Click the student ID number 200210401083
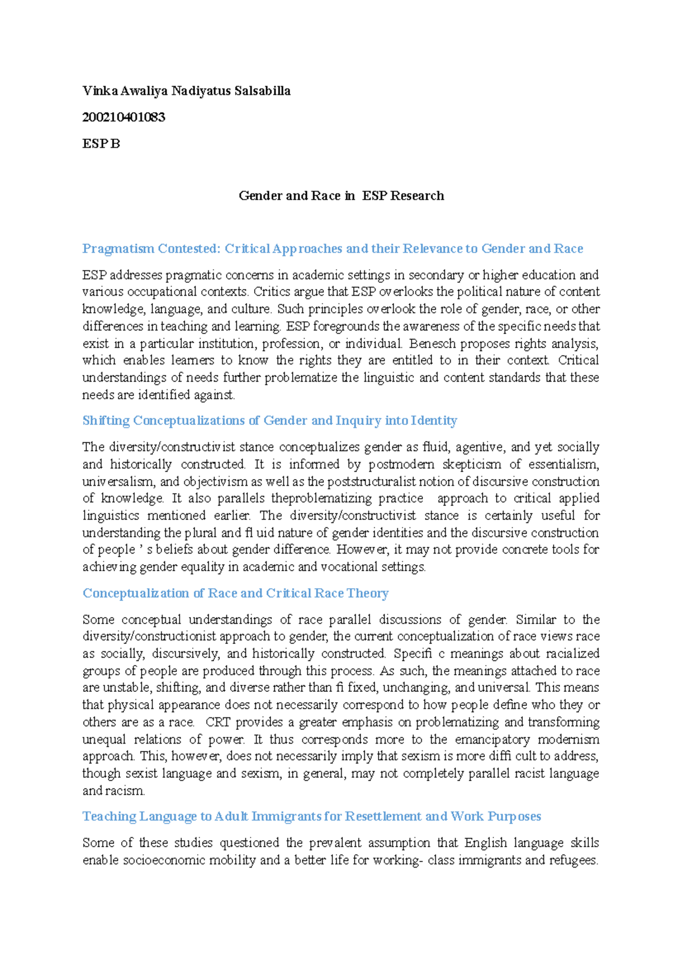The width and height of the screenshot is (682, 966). coord(123,117)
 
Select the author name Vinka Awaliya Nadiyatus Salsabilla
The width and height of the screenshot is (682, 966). coord(186,91)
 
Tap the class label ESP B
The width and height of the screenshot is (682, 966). coord(101,144)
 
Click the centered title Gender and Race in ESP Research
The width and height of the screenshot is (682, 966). coord(341,196)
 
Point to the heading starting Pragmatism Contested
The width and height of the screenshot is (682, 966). coord(332,249)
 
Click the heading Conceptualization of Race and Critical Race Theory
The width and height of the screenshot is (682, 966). coord(235,593)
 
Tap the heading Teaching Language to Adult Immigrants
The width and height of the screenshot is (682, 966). coord(311,816)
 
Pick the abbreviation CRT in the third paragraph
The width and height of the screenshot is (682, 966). coord(218,722)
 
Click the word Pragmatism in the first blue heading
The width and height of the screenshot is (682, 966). coord(118,249)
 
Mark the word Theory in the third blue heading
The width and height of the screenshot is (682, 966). coord(368,593)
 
